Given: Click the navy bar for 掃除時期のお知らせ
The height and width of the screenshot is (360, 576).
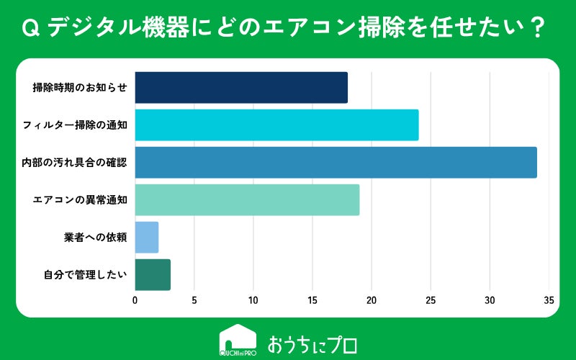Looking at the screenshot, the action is [241, 87].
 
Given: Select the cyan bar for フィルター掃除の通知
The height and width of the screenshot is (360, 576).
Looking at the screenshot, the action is [277, 125].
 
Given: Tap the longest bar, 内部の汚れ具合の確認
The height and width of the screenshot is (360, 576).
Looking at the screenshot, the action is [336, 163].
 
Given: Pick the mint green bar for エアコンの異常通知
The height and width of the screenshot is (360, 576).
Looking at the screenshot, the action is [247, 200].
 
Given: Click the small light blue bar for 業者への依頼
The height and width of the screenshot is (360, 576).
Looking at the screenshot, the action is [147, 238].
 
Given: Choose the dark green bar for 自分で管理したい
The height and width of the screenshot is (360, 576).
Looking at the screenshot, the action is [153, 275].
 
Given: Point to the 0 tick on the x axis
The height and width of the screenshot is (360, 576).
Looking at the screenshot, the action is [135, 300].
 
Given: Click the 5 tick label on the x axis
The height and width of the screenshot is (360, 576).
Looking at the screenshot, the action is [194, 300].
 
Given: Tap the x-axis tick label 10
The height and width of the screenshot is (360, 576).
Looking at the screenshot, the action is [253, 300].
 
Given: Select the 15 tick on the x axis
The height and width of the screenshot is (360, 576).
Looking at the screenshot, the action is [312, 300].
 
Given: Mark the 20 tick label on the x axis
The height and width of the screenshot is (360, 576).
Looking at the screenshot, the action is [372, 300].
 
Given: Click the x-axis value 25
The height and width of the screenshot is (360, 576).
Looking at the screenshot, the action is [431, 300].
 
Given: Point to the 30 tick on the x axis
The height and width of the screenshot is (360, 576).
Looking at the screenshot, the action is [490, 300].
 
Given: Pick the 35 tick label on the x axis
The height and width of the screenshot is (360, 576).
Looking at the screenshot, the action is [549, 300].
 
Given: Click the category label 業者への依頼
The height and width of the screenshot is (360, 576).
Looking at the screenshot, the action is [96, 238].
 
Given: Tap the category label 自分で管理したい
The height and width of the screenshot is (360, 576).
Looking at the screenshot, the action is [85, 275].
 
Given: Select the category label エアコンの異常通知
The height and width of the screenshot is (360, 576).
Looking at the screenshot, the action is [80, 200].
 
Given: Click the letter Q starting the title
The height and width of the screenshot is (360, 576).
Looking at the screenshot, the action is [30, 28].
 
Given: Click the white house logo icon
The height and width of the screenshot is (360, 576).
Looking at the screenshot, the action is [238, 340].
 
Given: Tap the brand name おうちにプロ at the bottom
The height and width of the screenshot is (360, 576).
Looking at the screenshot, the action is [312, 345].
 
